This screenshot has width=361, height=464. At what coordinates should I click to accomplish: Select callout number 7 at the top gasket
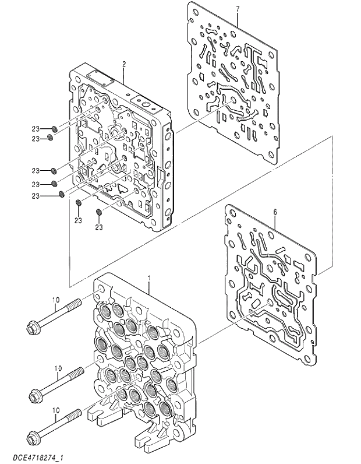click(x=238, y=9)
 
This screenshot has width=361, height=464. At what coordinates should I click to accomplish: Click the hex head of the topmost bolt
click(x=31, y=328)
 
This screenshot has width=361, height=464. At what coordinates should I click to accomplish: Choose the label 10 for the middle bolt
click(x=58, y=368)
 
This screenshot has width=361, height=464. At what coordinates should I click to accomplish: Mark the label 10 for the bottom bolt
click(x=56, y=410)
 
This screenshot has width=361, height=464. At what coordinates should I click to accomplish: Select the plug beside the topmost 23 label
click(x=54, y=128)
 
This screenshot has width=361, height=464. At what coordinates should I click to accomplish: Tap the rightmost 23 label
click(x=99, y=226)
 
